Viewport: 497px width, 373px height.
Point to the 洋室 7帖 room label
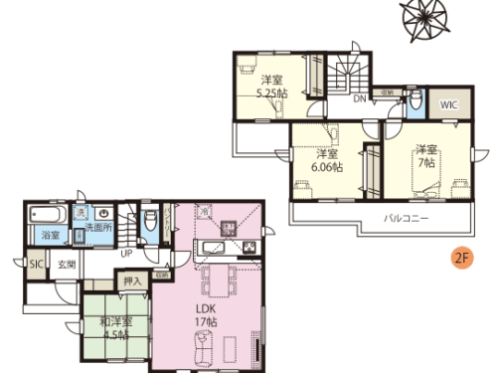click(x=425, y=154)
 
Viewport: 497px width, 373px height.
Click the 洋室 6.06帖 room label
click(x=326, y=161)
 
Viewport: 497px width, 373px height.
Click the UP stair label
click(x=127, y=252)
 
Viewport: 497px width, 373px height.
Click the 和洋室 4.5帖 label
click(x=113, y=328)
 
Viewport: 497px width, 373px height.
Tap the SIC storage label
click(x=36, y=265)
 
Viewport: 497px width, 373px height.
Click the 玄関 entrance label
click(x=66, y=265)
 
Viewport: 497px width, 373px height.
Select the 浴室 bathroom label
click(x=50, y=235)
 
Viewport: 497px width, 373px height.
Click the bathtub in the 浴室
click(x=46, y=215)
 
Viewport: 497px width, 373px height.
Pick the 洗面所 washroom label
click(x=96, y=228)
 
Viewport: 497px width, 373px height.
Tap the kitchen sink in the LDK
click(x=209, y=247)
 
